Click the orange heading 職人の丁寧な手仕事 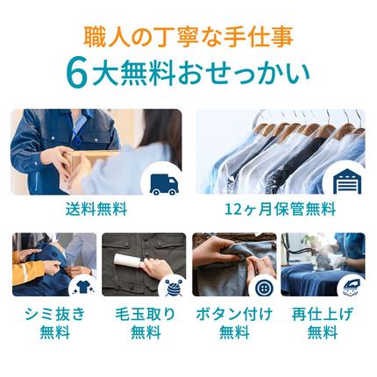pyautogui.click(x=188, y=39)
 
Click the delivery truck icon pyautogui.click(x=163, y=181)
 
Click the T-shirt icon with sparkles pyautogui.click(x=81, y=284)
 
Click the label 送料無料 pyautogui.click(x=96, y=210)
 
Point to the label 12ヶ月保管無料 pyautogui.click(x=279, y=210)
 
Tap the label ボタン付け pyautogui.click(x=234, y=313)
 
